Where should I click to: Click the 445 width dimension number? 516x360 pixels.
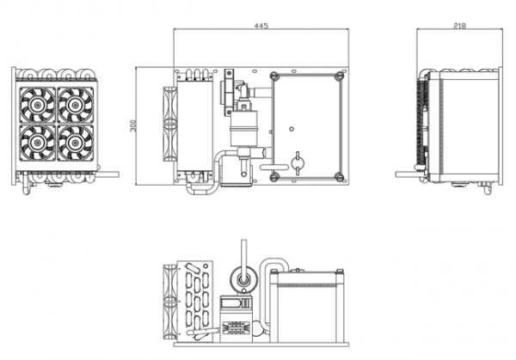pos(261,26)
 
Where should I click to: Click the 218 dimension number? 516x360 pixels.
pos(459,26)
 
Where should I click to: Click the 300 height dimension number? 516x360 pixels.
pos(133,125)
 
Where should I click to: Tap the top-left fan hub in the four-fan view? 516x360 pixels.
pos(38,105)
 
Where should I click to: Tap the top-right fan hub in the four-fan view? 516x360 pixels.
pos(76,105)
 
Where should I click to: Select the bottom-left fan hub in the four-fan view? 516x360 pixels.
pos(38,143)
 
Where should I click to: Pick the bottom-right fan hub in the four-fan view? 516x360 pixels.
pos(76,143)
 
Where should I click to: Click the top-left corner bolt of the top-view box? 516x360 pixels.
pos(274,76)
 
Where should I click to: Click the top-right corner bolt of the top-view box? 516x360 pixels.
pos(340,76)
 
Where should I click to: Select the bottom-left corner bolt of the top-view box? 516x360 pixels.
pos(274,177)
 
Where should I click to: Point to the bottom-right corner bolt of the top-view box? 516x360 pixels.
pos(340,177)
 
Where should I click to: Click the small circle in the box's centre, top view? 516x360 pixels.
pos(292,129)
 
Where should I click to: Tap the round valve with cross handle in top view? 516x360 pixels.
pos(298,162)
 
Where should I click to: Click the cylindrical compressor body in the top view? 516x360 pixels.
pos(243,129)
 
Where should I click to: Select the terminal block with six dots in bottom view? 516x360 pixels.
pos(234,328)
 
